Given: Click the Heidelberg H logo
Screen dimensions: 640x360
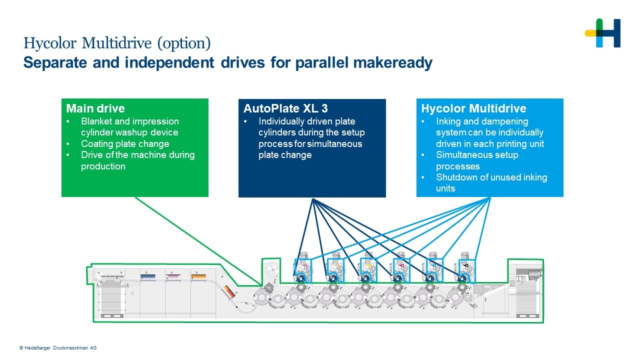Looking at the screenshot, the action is pyautogui.click(x=602, y=33).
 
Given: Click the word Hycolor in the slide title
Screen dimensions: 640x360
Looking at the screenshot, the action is pyautogui.click(x=50, y=43).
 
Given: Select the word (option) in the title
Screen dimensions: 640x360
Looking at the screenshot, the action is pyautogui.click(x=184, y=43).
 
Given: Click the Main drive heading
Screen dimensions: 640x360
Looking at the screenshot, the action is pyautogui.click(x=95, y=108).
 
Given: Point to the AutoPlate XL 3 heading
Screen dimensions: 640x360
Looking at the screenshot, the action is pyautogui.click(x=285, y=108).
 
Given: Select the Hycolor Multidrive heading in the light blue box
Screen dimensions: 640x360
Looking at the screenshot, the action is pyautogui.click(x=473, y=108).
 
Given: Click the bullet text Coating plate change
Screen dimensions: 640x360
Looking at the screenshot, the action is pyautogui.click(x=125, y=143).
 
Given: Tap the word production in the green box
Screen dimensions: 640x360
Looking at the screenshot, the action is pyautogui.click(x=103, y=166).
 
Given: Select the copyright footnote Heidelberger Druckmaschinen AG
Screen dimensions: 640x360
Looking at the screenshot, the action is pyautogui.click(x=58, y=348).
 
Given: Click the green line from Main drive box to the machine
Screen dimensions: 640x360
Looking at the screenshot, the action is pyautogui.click(x=198, y=241).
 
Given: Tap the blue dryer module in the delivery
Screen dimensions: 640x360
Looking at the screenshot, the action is pyautogui.click(x=148, y=277).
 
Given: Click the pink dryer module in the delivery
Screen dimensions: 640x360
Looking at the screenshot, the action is pyautogui.click(x=173, y=277).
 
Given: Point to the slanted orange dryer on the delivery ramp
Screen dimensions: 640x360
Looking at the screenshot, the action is pyautogui.click(x=229, y=292).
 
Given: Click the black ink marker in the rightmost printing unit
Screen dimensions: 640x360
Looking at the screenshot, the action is pyautogui.click(x=465, y=265).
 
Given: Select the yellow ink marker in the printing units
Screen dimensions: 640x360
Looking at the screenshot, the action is pyautogui.click(x=368, y=265).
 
